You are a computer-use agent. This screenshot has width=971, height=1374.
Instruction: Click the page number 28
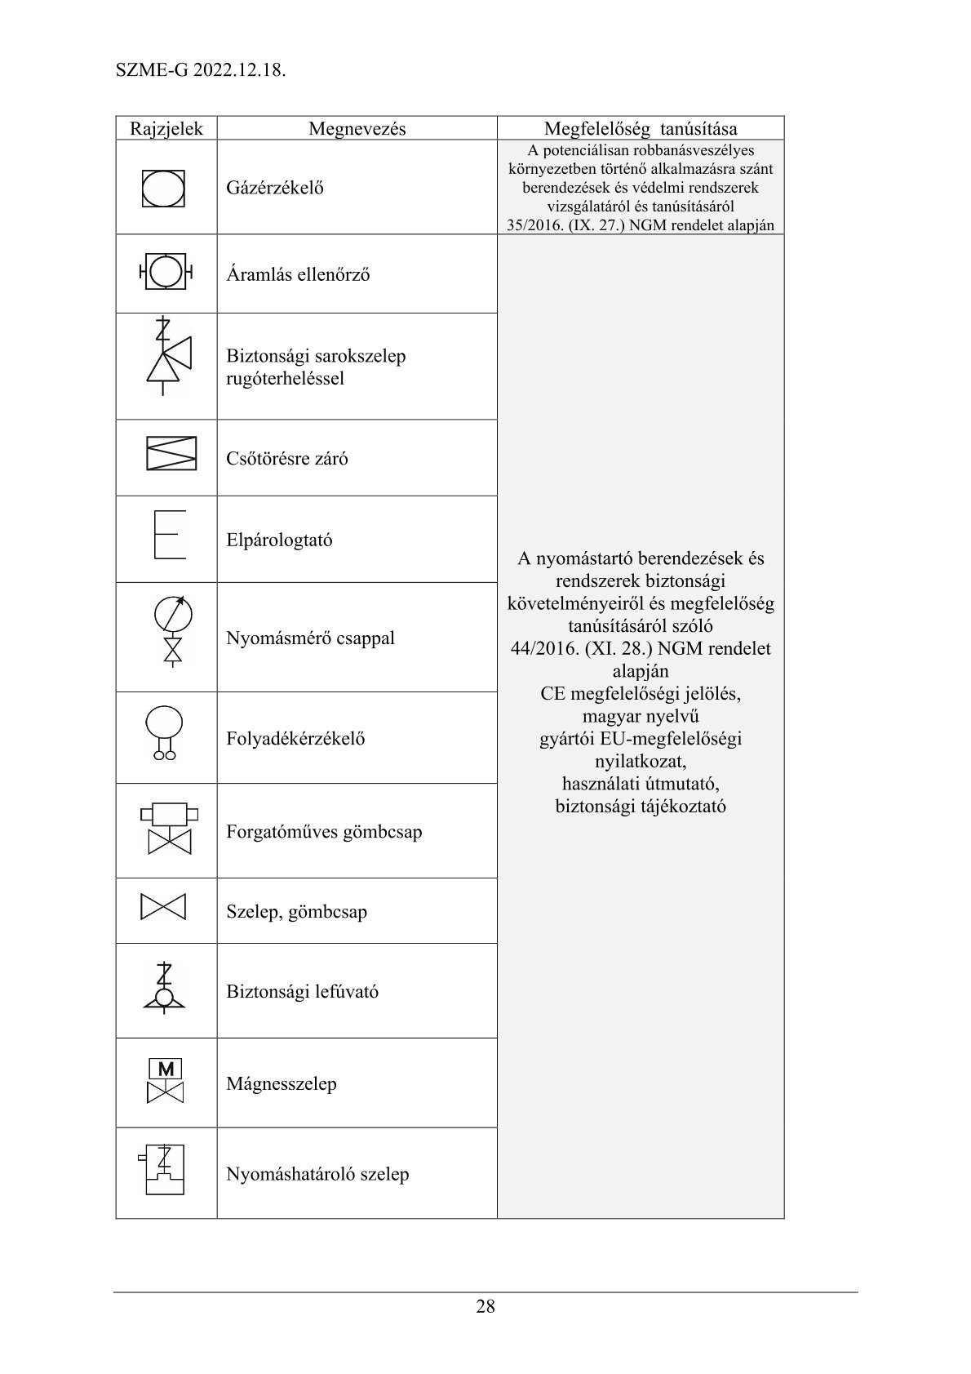click(485, 1306)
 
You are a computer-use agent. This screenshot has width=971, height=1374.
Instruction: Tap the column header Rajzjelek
click(166, 128)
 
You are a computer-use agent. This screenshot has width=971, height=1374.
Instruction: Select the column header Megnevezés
click(357, 128)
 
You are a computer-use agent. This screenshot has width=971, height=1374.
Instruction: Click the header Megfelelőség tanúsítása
click(641, 128)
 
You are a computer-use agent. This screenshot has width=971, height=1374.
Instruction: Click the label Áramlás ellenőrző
click(298, 274)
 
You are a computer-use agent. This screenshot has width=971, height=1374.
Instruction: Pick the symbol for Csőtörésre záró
click(171, 453)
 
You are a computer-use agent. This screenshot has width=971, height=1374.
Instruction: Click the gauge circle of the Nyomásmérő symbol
click(173, 613)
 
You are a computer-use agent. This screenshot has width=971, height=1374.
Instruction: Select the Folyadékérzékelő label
click(295, 739)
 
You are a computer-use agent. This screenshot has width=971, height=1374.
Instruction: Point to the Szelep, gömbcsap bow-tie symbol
click(163, 907)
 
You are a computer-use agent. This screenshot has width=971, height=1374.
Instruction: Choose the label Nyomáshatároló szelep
click(317, 1174)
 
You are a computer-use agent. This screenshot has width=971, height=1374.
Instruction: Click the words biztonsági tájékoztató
click(641, 807)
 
